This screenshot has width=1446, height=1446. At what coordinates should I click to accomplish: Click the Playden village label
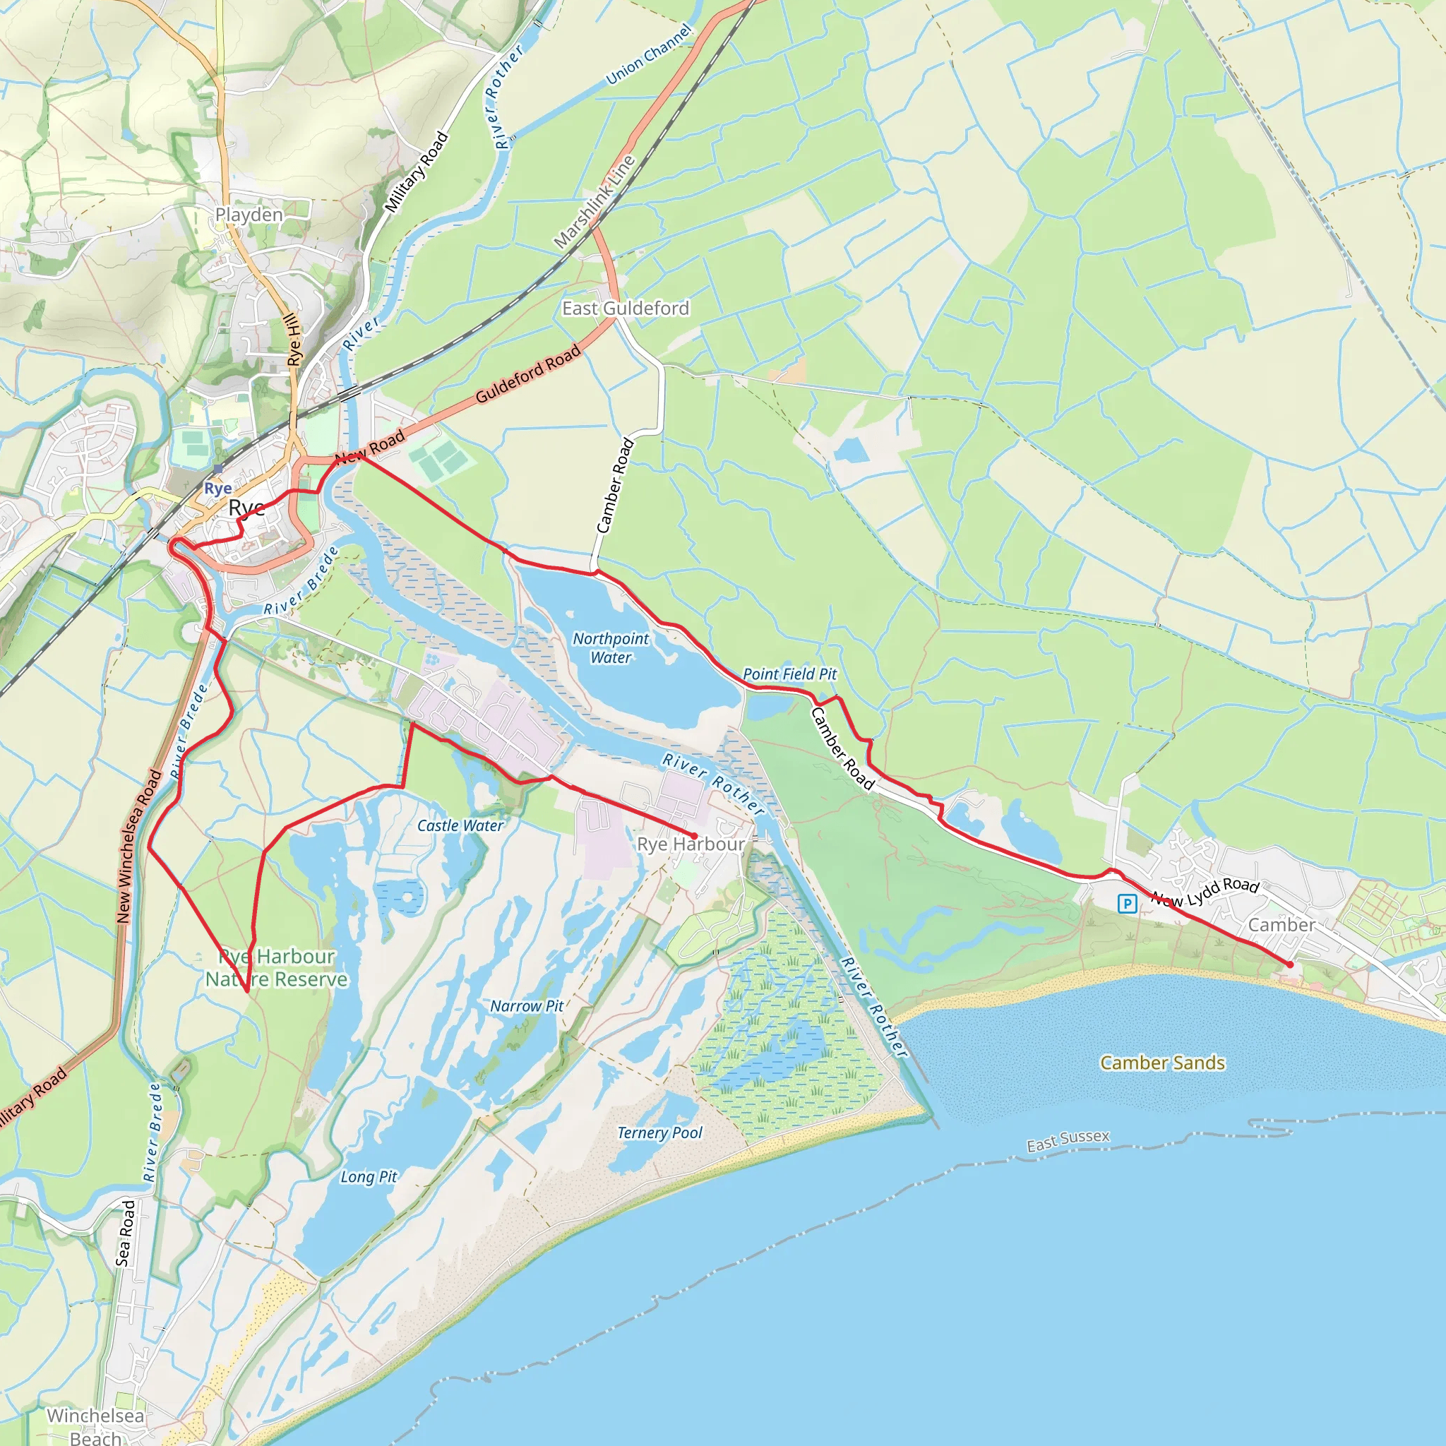(x=249, y=215)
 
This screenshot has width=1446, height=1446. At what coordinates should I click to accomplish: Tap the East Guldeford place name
(x=626, y=309)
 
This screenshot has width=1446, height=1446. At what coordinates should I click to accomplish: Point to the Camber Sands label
(x=1162, y=1063)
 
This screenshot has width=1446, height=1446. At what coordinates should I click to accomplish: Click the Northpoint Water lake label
(x=611, y=648)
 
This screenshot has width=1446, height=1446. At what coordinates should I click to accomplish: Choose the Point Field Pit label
(x=789, y=674)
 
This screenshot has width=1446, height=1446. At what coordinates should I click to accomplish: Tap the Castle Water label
(x=460, y=825)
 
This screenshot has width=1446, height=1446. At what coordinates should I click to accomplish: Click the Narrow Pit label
(x=527, y=1007)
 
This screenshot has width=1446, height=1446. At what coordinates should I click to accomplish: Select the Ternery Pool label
(x=659, y=1133)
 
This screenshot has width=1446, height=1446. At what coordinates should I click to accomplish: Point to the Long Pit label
(x=369, y=1177)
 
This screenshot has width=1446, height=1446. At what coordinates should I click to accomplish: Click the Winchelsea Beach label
(x=96, y=1426)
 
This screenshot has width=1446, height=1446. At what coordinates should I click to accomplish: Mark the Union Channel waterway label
(x=649, y=54)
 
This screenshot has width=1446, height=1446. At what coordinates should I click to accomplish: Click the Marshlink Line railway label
(x=594, y=202)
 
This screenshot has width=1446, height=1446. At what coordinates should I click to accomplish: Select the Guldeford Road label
(x=528, y=374)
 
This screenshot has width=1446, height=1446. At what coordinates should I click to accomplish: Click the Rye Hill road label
(x=295, y=340)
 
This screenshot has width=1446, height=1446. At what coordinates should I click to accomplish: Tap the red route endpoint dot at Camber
(x=1289, y=964)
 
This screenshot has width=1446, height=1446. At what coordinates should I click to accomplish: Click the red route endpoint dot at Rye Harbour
(x=694, y=836)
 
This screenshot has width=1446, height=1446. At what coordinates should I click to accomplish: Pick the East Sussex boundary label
(x=1068, y=1142)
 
